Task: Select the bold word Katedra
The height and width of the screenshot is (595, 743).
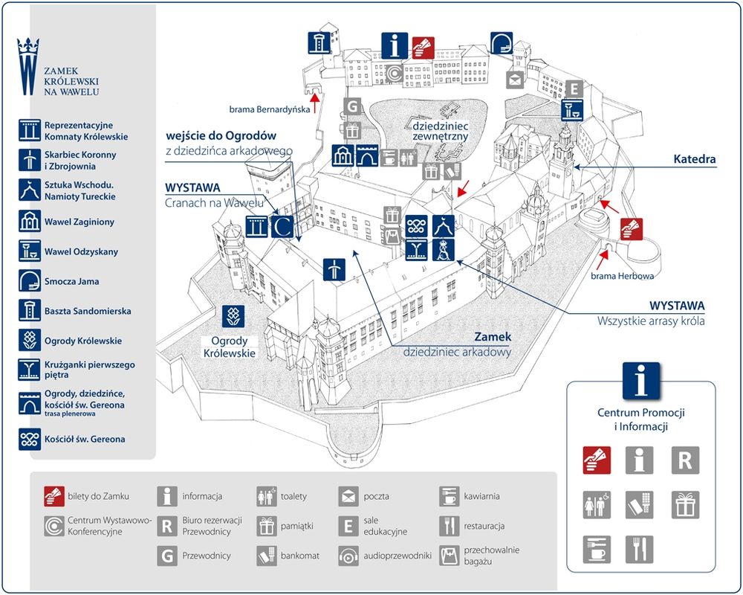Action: pos(694,159)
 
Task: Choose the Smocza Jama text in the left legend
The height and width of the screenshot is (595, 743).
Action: pos(71,282)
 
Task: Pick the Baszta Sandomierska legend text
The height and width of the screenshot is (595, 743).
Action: pos(88,311)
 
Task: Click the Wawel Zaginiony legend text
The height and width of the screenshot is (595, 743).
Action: pos(80,222)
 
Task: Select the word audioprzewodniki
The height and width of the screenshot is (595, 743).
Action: pos(398,556)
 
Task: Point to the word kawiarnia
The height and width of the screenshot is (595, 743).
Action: pos(481,496)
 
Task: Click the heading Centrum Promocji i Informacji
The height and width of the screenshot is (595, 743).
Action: pos(640,419)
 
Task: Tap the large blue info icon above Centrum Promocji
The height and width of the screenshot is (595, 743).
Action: pos(640,381)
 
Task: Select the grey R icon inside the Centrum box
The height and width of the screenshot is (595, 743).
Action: pos(685,460)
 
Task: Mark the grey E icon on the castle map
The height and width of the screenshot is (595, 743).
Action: pos(572,89)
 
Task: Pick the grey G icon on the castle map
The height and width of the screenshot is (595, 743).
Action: pos(351,106)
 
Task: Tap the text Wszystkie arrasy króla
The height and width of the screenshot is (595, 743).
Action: pos(651,321)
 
